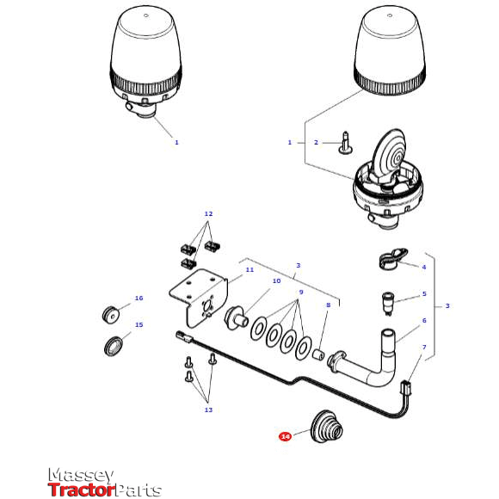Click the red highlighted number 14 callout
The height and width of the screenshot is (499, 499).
[x=285, y=436]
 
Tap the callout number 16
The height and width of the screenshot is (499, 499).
[x=139, y=299]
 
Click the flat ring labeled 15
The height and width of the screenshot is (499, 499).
[x=112, y=346]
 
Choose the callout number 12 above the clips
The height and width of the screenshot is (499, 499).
[x=207, y=213]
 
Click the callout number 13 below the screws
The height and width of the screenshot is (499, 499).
[x=207, y=410]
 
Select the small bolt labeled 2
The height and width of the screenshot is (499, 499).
[x=346, y=143]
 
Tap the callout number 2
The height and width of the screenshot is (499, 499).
[x=316, y=142]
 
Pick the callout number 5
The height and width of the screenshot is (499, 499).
[x=423, y=294]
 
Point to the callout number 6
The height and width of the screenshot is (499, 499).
[x=423, y=320]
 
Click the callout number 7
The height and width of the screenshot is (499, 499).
[x=423, y=347]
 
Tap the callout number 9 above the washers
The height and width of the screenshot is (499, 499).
[x=300, y=293]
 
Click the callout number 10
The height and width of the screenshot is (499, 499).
[x=276, y=280]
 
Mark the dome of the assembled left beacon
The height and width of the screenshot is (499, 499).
[x=146, y=43]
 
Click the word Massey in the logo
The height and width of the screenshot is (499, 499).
[x=81, y=475]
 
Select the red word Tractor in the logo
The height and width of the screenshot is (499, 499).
[x=82, y=490]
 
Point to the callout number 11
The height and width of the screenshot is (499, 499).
[x=249, y=269]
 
